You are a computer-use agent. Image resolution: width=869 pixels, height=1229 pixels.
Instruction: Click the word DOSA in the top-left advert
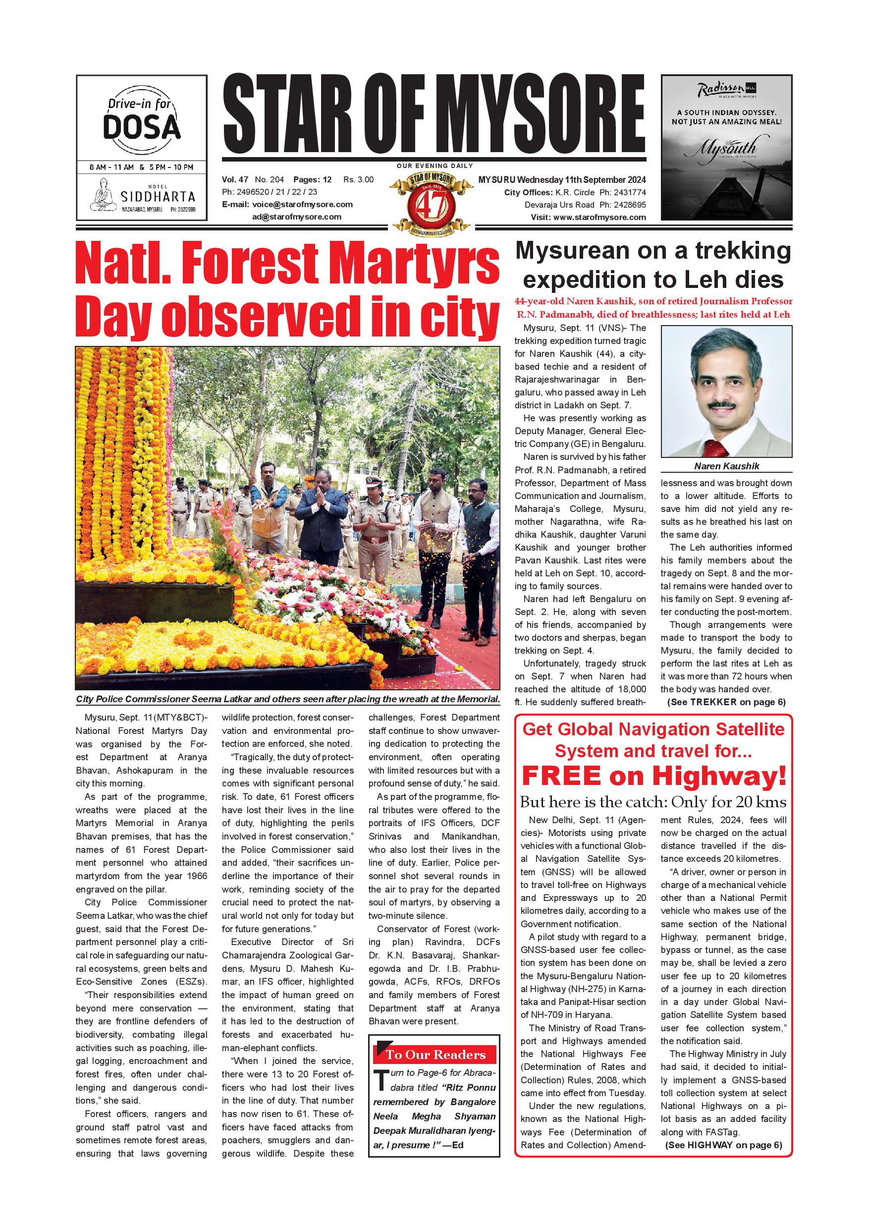click(141, 127)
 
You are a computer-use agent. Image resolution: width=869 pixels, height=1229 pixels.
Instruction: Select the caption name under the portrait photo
click(727, 466)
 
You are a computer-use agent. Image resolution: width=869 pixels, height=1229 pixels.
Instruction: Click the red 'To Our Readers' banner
click(434, 1055)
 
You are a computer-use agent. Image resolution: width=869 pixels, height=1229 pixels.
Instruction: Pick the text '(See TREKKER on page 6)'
click(726, 702)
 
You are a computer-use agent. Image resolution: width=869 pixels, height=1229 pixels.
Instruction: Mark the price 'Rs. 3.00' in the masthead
click(359, 179)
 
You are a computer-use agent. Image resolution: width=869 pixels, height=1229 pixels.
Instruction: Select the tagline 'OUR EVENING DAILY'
click(434, 166)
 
